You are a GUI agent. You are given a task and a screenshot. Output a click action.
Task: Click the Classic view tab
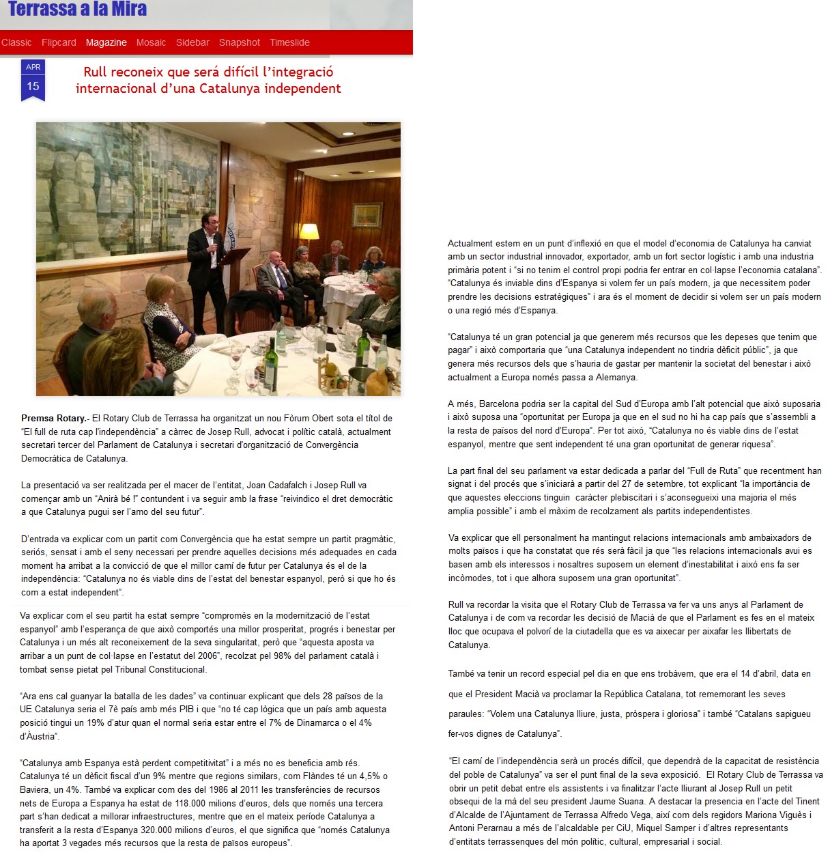(16, 42)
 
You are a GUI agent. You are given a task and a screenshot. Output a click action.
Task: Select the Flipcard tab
(59, 42)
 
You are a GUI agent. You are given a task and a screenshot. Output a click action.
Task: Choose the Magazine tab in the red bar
(106, 42)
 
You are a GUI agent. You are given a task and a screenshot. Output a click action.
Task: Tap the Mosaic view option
(151, 42)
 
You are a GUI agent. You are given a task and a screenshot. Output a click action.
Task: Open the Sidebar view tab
(192, 42)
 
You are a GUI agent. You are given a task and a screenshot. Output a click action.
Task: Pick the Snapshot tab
(239, 42)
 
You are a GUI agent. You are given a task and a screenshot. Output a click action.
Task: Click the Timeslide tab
(289, 42)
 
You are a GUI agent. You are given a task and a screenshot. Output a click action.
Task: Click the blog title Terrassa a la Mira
(77, 9)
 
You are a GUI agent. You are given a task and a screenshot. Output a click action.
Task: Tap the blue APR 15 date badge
(33, 80)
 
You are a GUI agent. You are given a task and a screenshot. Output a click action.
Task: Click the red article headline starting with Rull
(208, 80)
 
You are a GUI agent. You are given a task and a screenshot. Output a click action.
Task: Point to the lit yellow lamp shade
(310, 231)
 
